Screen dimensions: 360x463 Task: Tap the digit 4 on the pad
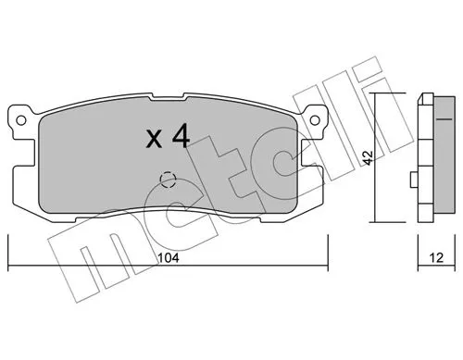click(x=181, y=137)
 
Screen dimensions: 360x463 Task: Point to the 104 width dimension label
click(x=167, y=259)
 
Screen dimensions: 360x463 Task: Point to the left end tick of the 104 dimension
click(x=7, y=250)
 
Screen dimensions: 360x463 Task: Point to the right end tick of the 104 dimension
click(x=330, y=250)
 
